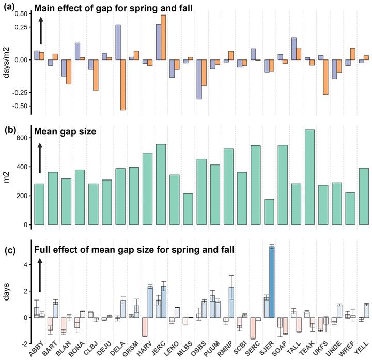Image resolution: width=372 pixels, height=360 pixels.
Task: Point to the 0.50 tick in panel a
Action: coord(20,13)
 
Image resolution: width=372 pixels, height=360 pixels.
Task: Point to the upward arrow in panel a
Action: coord(41,30)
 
